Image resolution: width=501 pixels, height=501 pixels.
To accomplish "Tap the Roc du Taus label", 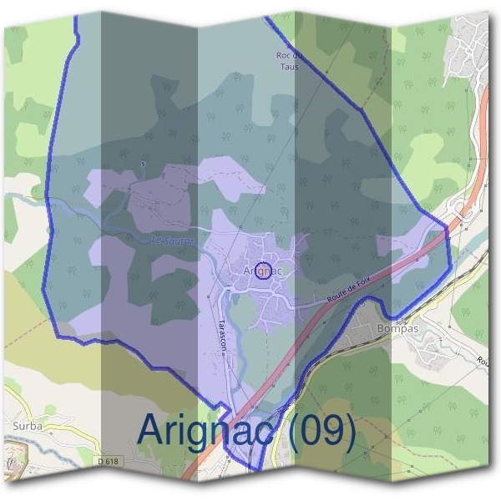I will click(287, 60).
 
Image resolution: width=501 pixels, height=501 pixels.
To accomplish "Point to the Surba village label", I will click(28, 426).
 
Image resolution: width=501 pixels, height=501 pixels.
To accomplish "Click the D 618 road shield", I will click(108, 462).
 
